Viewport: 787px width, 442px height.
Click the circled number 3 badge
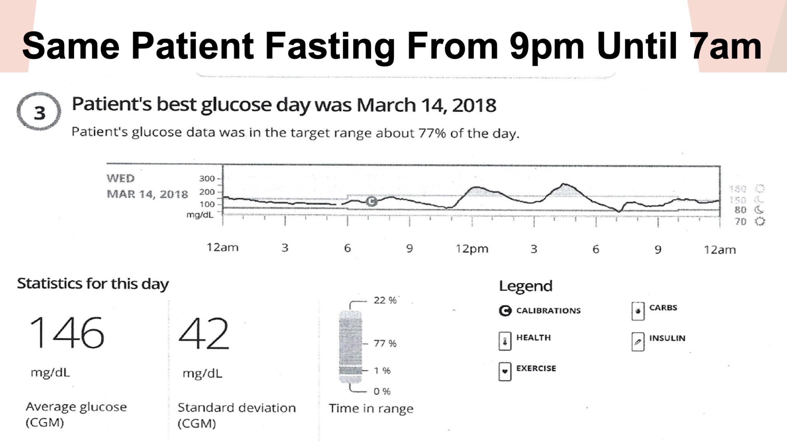click(39, 112)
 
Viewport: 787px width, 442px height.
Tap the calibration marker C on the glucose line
click(371, 201)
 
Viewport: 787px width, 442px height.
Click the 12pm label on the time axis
click(472, 249)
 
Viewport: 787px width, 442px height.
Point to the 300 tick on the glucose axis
click(207, 179)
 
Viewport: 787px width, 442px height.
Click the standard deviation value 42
click(204, 333)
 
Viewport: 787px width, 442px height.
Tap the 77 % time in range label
click(385, 343)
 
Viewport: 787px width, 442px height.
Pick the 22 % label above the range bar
click(385, 300)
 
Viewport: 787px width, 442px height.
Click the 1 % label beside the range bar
click(382, 371)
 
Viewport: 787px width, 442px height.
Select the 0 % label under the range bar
click(382, 391)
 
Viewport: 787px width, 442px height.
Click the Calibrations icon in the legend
click(505, 311)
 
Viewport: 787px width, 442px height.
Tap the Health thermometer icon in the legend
click(505, 341)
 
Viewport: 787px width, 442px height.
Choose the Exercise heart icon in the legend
click(505, 371)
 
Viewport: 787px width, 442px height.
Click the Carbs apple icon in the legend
click(638, 311)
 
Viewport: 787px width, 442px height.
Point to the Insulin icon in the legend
click(638, 341)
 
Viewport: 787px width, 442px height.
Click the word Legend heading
click(525, 286)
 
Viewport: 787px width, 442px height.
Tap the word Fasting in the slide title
click(330, 46)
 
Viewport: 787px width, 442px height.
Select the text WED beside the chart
click(121, 179)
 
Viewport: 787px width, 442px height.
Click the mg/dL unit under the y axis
click(200, 215)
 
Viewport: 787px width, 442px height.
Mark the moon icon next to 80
click(759, 210)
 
